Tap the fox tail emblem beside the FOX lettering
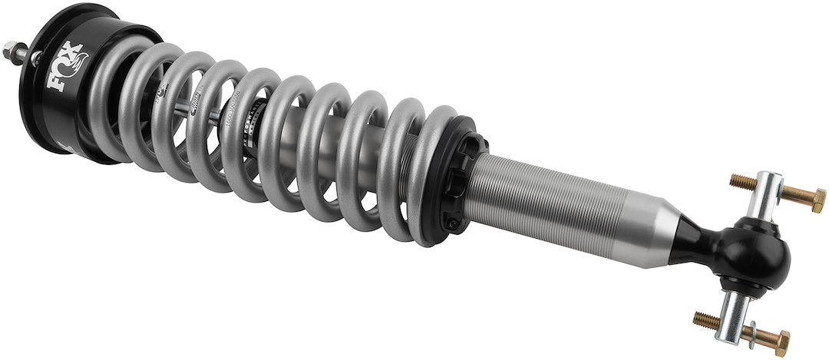coord(80,64)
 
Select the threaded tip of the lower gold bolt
coord(701,317)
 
